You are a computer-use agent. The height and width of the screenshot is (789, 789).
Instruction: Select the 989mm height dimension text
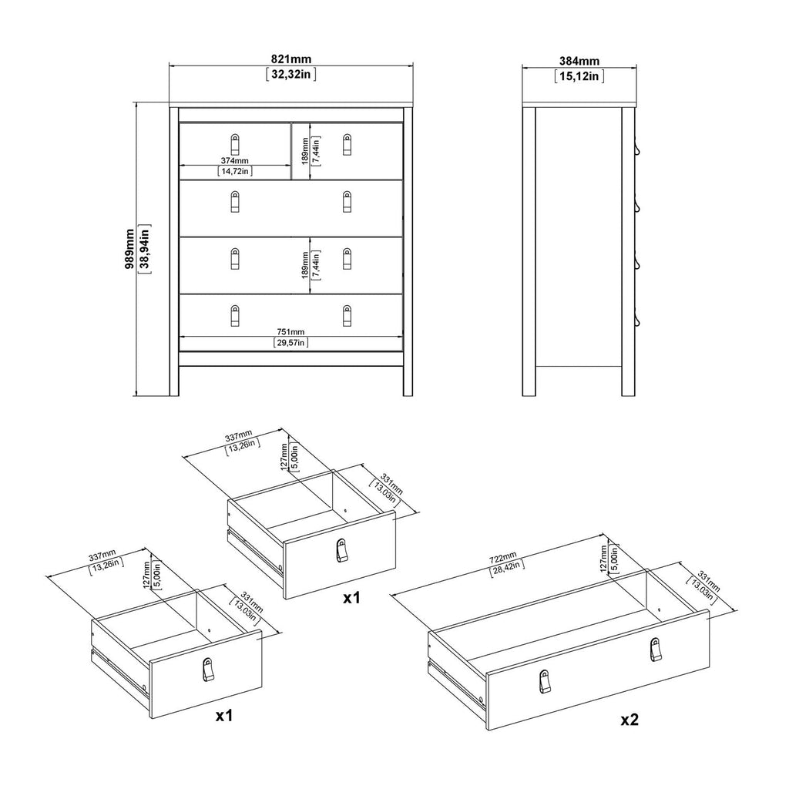click(129, 248)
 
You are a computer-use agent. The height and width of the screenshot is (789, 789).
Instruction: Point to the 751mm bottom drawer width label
click(291, 332)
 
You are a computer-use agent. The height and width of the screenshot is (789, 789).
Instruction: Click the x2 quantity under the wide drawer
click(630, 720)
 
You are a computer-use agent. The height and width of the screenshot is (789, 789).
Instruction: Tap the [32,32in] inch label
click(290, 75)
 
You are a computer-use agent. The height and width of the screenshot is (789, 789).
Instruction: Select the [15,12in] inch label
click(579, 76)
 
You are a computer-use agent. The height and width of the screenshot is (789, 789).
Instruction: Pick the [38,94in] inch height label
click(143, 248)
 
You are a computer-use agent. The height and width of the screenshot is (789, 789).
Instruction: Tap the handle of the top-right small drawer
click(347, 144)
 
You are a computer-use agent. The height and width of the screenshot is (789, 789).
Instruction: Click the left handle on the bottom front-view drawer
click(236, 315)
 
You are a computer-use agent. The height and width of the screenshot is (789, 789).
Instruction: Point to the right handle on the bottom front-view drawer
click(347, 315)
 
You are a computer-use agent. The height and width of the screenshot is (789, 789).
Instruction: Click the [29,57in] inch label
click(291, 343)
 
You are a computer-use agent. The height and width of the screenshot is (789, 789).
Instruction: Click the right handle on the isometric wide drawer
click(655, 650)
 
